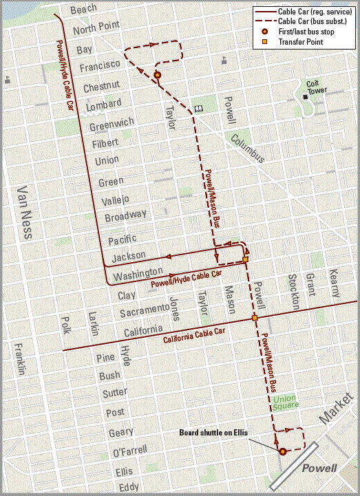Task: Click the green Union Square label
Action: pos(285,403)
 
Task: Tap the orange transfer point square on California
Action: pos(255,318)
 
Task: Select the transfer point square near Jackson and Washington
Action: pos(245,260)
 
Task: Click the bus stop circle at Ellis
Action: pos(282,452)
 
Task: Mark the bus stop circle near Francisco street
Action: pos(158,75)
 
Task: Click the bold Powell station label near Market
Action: pos(319,468)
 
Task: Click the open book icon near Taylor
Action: pos(199,109)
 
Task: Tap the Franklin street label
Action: pos(20,358)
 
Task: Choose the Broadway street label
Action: pos(125,215)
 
